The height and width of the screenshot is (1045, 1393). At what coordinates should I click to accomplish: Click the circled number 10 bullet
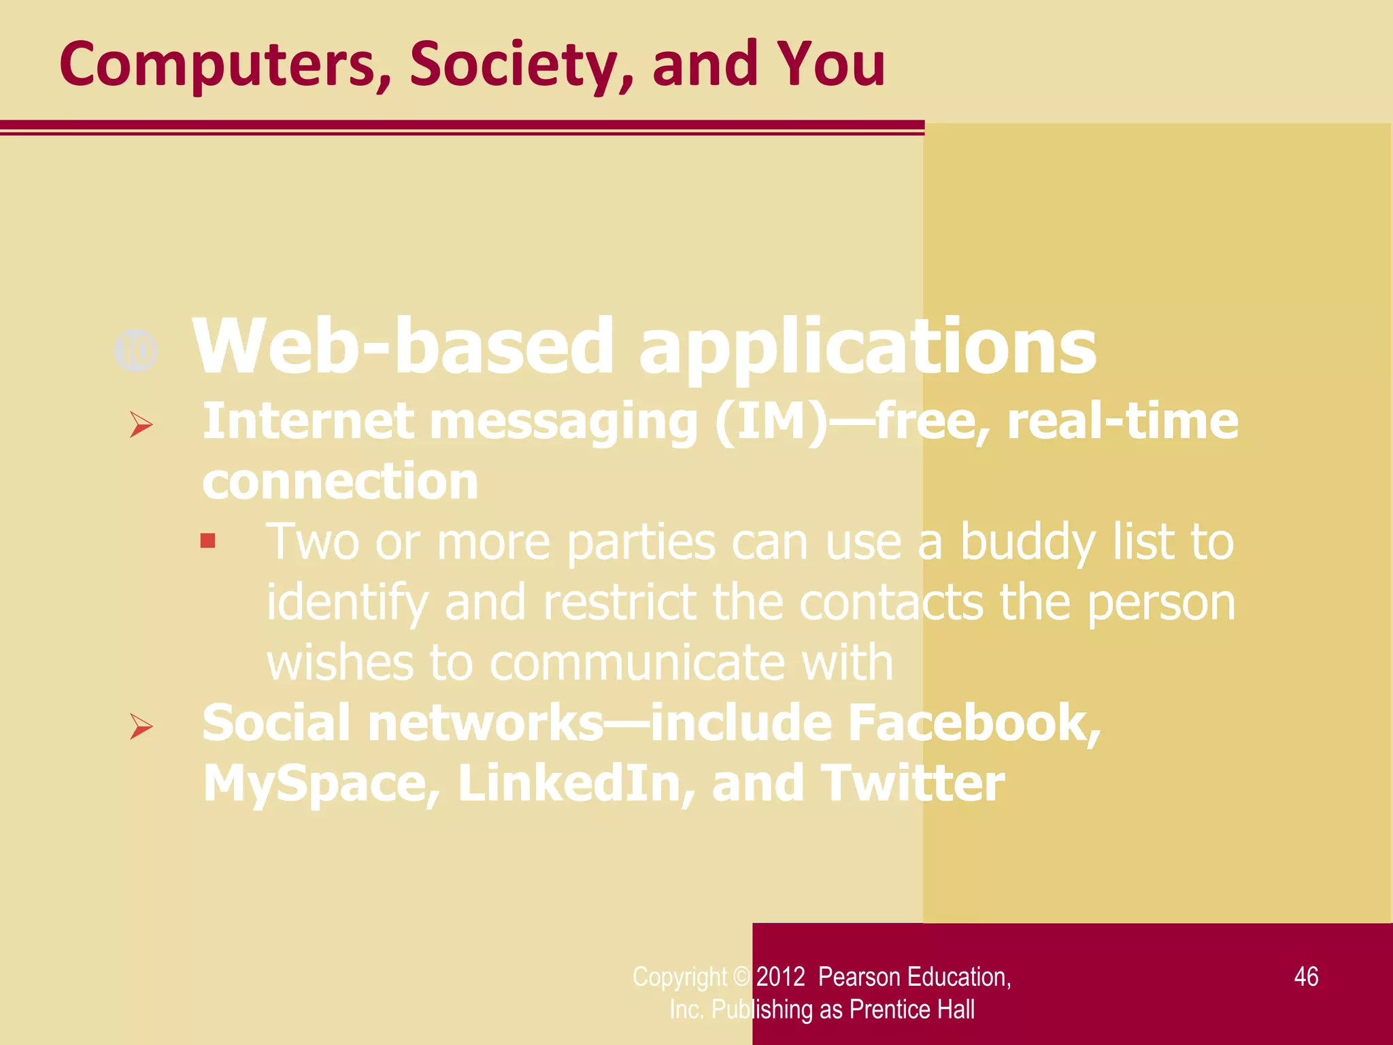pyautogui.click(x=137, y=351)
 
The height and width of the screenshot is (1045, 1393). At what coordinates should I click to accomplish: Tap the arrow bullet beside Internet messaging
pyautogui.click(x=141, y=425)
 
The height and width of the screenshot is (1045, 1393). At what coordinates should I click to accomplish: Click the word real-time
pyautogui.click(x=1122, y=421)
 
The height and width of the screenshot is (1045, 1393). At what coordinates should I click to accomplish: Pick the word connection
pyautogui.click(x=340, y=482)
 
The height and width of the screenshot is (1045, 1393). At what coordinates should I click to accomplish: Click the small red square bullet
pyautogui.click(x=208, y=542)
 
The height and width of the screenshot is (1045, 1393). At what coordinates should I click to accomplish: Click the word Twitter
pyautogui.click(x=912, y=784)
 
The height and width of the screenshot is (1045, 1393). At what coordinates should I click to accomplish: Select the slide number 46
pyautogui.click(x=1306, y=977)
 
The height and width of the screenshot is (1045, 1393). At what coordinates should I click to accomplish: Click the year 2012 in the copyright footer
pyautogui.click(x=781, y=977)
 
